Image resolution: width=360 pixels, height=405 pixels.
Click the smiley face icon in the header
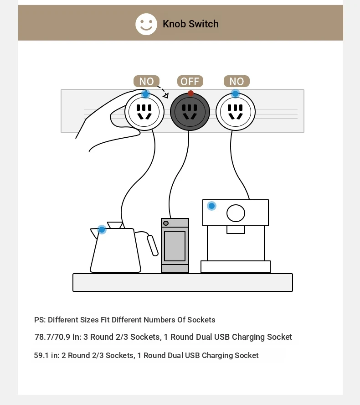146,24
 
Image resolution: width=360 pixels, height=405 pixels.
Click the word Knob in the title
174,24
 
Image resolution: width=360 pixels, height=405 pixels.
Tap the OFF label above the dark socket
190,81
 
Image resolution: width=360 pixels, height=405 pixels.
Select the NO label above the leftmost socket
146,81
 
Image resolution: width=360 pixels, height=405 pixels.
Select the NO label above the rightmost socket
237,81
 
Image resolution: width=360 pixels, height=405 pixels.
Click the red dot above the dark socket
191,93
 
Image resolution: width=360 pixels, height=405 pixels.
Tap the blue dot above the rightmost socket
235,93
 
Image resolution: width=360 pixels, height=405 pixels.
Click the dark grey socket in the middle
190,112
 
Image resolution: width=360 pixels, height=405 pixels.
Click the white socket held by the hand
144,112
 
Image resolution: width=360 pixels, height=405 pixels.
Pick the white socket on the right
235,112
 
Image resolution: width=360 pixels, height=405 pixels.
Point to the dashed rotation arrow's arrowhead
166,96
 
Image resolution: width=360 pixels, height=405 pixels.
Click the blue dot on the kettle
102,229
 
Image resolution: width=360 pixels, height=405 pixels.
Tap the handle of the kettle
152,245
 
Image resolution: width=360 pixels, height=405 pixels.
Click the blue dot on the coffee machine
211,206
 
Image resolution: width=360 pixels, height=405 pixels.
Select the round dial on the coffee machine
236,213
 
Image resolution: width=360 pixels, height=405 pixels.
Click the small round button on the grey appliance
166,223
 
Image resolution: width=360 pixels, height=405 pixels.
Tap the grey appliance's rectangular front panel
175,246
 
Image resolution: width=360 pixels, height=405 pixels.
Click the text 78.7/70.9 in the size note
52,337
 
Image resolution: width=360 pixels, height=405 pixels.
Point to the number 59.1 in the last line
41,355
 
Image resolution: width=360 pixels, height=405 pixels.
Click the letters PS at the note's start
40,320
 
